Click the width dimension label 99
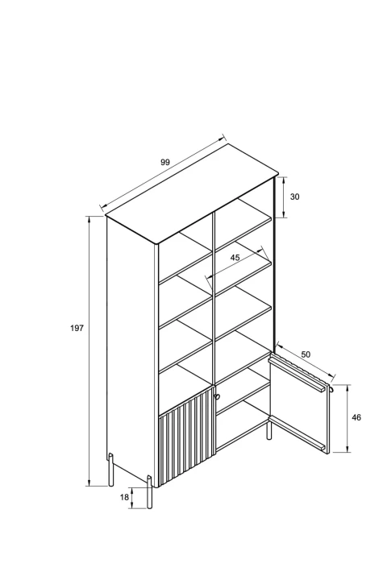(x=165, y=162)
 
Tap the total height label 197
(x=77, y=328)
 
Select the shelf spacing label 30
(x=295, y=197)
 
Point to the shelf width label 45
(x=235, y=258)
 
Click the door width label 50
(x=306, y=354)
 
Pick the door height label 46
(x=356, y=417)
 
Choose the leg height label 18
(x=124, y=497)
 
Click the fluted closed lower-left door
(x=187, y=437)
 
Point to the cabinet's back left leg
(x=110, y=469)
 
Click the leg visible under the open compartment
(x=268, y=431)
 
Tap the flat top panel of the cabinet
(x=192, y=193)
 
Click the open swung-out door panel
(x=299, y=403)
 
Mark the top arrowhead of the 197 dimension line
(x=89, y=219)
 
